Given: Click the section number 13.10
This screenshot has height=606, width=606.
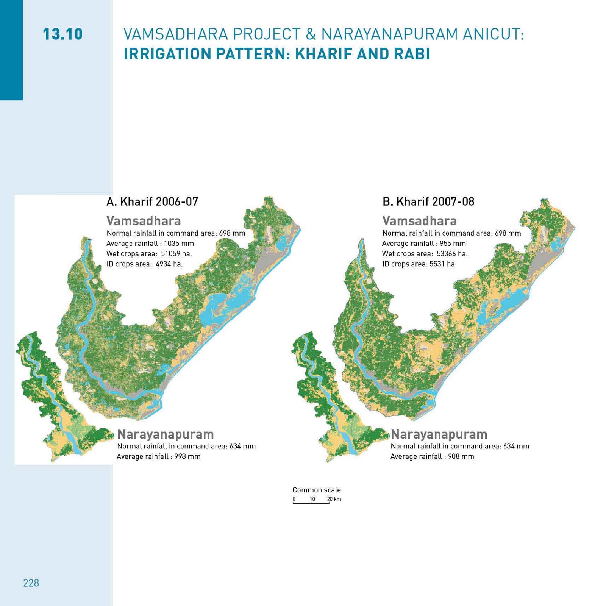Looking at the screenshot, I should [x=62, y=34].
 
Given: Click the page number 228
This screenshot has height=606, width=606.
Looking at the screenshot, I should [x=31, y=583].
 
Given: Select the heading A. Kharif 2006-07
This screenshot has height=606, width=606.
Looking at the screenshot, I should [x=152, y=201].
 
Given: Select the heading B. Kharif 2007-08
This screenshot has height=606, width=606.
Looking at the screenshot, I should [x=428, y=201].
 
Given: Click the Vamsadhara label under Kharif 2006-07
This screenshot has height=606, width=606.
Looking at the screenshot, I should [x=144, y=221].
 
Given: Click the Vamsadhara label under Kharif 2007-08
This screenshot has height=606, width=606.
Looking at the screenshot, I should [x=419, y=221].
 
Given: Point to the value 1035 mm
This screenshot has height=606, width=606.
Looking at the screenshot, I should [x=179, y=244].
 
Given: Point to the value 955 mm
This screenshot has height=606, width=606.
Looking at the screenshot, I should [x=453, y=244].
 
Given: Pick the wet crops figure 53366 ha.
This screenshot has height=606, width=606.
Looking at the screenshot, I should [x=452, y=254].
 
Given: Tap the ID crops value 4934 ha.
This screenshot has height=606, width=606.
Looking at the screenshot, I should [x=169, y=264].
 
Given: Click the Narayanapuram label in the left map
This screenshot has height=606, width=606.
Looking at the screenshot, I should [x=166, y=434].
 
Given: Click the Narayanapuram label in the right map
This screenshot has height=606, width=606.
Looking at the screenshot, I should [x=439, y=434].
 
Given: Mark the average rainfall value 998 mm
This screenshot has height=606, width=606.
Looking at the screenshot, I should [x=187, y=456].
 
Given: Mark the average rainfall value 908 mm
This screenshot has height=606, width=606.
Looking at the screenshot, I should [x=461, y=456].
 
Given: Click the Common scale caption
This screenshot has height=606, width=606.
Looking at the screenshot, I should [x=316, y=490].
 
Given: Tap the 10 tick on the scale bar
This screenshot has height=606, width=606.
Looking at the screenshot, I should [x=312, y=500].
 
